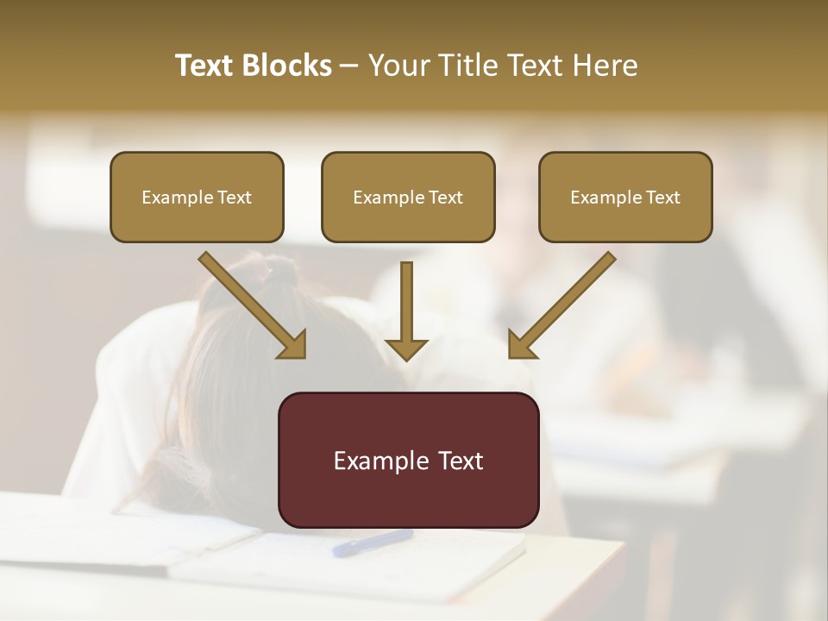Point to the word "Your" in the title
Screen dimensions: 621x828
(x=398, y=66)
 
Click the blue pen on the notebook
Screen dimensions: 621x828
(x=373, y=543)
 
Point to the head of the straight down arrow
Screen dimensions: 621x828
(x=406, y=348)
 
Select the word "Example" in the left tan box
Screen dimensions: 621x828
(x=171, y=198)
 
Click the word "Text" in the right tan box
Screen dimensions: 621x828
(x=662, y=198)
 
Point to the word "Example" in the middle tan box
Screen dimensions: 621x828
(x=382, y=198)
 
